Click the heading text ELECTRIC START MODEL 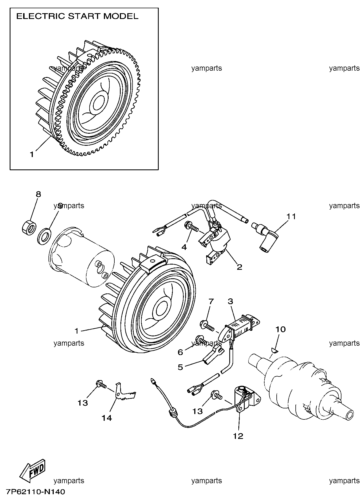(x=77, y=17)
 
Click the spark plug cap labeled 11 (x=266, y=237)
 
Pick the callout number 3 (x=230, y=302)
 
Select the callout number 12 (x=238, y=436)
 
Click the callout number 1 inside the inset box (x=32, y=155)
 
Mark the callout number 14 (x=107, y=418)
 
